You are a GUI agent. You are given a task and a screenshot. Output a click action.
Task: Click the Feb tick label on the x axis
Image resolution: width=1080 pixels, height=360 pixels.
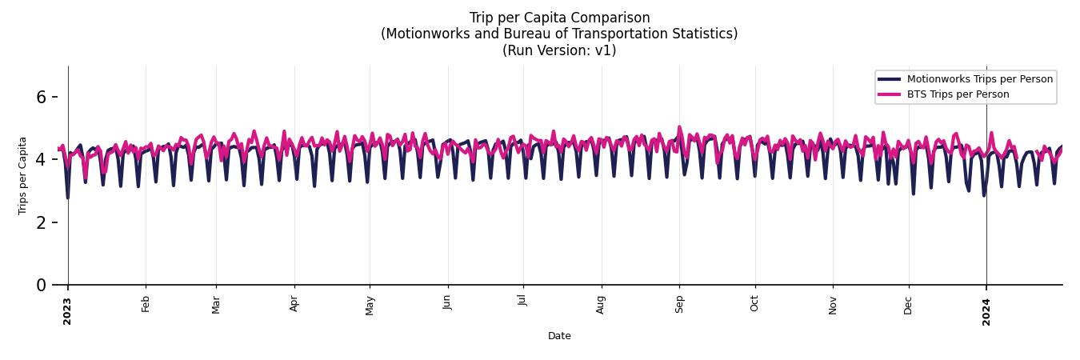click(x=146, y=304)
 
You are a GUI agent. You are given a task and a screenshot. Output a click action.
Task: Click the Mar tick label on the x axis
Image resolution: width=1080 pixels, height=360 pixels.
click(x=216, y=304)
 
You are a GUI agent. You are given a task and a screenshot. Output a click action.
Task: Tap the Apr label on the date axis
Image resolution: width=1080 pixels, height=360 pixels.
click(x=294, y=304)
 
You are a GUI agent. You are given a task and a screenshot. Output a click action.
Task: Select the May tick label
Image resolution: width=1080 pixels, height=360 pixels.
click(x=370, y=305)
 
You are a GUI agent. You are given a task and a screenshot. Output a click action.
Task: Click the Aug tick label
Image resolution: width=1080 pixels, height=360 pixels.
click(x=602, y=305)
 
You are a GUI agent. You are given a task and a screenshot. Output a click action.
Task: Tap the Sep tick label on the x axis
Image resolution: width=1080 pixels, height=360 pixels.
click(x=679, y=304)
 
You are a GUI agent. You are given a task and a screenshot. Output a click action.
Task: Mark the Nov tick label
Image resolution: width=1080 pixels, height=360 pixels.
click(x=833, y=305)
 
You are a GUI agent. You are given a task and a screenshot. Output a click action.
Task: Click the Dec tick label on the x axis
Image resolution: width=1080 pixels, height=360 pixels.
click(x=909, y=305)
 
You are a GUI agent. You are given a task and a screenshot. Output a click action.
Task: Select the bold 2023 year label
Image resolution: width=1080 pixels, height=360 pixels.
click(x=67, y=311)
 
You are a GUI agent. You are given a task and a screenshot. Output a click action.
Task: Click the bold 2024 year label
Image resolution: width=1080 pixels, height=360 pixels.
click(x=986, y=311)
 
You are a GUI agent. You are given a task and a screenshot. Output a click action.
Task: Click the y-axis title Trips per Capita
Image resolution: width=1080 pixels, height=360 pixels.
click(x=22, y=175)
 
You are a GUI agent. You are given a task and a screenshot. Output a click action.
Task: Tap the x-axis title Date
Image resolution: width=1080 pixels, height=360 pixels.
click(x=559, y=336)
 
